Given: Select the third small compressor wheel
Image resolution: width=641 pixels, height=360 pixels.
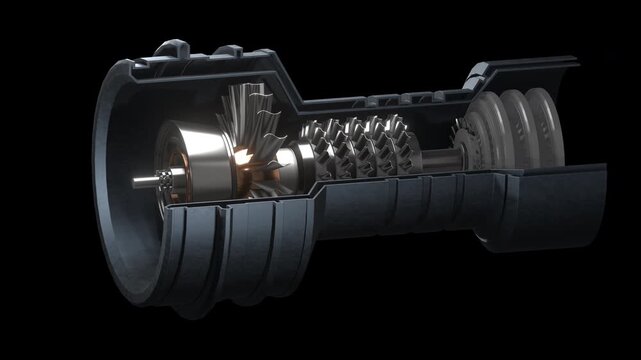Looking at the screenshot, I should coord(372,148).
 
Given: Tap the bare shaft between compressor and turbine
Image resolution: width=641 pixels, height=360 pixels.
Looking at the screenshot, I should coord(432,154).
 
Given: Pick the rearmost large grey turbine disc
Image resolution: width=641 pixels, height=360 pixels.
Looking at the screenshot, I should coord(545,128).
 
